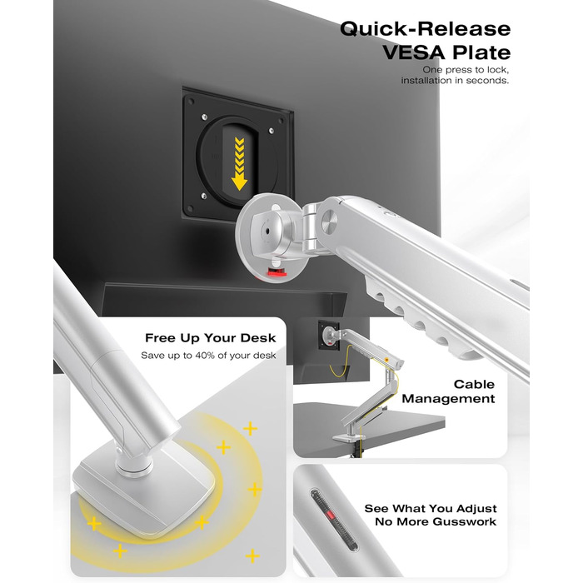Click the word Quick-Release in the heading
coord(425,29)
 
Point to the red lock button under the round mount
coord(277,273)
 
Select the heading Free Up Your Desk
coord(211,338)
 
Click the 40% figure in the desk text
coord(202,356)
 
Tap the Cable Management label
coord(448,391)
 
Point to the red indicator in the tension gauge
coord(331,516)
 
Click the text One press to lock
coord(466,70)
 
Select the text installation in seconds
coord(455,81)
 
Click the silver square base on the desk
coord(144,490)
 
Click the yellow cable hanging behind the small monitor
coord(340,365)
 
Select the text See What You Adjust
coord(431,508)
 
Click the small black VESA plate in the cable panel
coord(329,336)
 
